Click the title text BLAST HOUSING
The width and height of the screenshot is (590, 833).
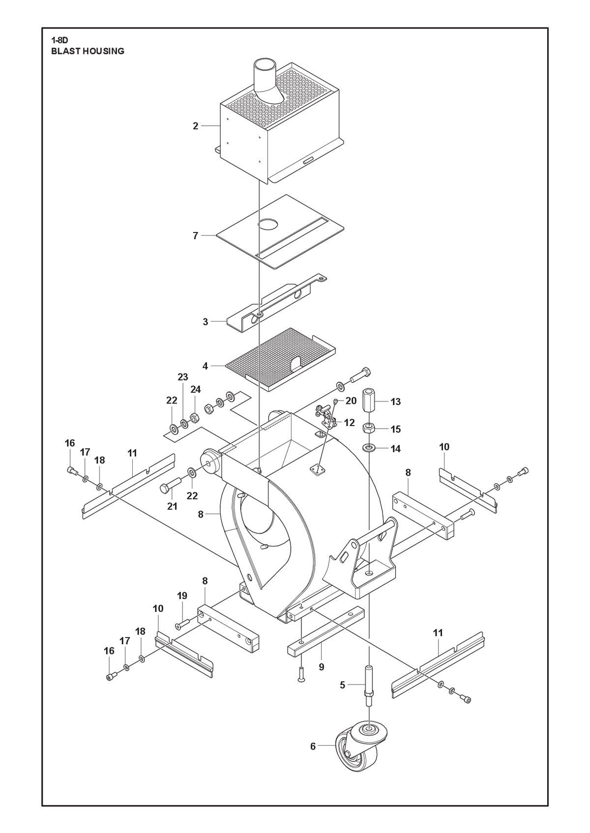(88, 51)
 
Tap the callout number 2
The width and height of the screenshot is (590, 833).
(196, 126)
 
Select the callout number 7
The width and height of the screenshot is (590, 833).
(196, 236)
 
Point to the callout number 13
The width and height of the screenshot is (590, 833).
(396, 402)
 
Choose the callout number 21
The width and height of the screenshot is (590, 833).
(172, 506)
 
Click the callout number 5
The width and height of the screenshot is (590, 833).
(343, 685)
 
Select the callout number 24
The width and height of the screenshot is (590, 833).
(196, 389)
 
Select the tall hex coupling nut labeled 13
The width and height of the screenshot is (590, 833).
(369, 401)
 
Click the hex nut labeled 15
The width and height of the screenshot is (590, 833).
(369, 428)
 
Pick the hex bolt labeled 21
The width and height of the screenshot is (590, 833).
(170, 485)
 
